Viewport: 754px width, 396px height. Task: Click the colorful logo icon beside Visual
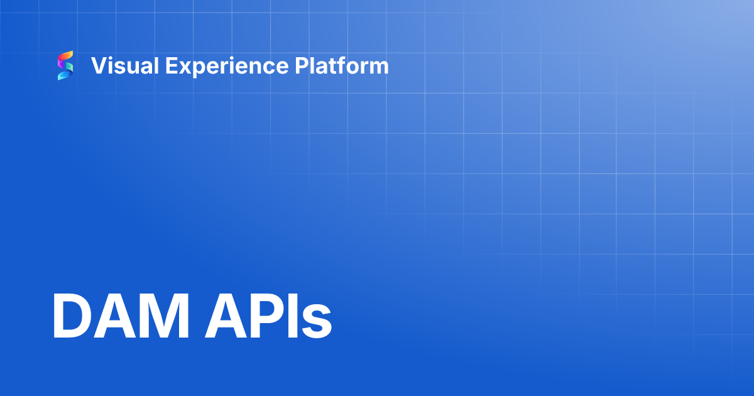click(x=65, y=66)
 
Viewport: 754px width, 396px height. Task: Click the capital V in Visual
click(x=98, y=66)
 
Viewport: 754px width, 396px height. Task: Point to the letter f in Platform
click(x=341, y=66)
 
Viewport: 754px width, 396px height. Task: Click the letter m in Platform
click(x=380, y=67)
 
